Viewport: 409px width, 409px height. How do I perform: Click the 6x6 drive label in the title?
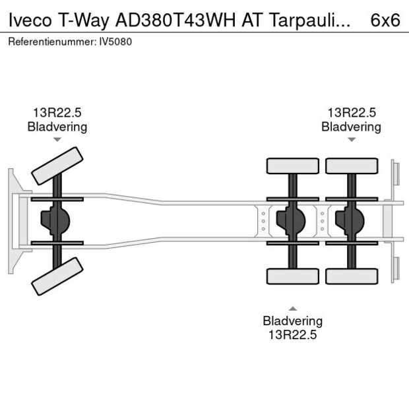point(385,20)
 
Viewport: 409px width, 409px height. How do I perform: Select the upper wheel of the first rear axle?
point(292,166)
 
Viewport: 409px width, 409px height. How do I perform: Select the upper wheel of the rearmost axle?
point(351,166)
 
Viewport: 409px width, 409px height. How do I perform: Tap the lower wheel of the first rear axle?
point(292,276)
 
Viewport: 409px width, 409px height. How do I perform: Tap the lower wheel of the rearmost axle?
point(351,276)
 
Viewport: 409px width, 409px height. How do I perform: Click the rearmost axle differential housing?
point(349,221)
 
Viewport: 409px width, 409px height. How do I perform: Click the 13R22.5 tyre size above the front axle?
point(57,113)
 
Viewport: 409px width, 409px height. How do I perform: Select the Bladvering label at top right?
point(351,127)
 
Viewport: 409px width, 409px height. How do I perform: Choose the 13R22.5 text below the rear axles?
point(292,334)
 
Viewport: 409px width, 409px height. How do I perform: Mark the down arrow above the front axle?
point(57,140)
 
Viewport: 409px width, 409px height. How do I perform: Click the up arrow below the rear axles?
point(292,308)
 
